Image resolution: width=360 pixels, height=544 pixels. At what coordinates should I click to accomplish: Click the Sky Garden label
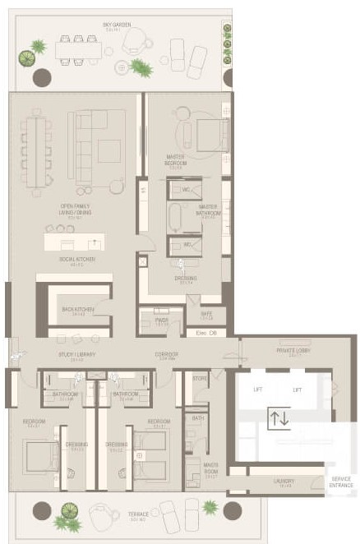tap(117, 25)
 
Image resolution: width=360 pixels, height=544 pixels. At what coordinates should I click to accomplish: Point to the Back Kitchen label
tap(78, 310)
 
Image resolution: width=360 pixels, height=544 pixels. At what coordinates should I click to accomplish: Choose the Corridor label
tap(168, 356)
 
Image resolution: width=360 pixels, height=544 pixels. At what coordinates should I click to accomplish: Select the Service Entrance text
tap(340, 482)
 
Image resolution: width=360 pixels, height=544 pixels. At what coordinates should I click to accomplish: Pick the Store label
tap(200, 379)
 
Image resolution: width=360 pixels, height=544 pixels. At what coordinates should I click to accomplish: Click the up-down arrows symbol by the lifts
tap(279, 417)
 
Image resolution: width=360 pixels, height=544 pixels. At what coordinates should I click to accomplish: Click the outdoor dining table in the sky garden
tap(78, 49)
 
